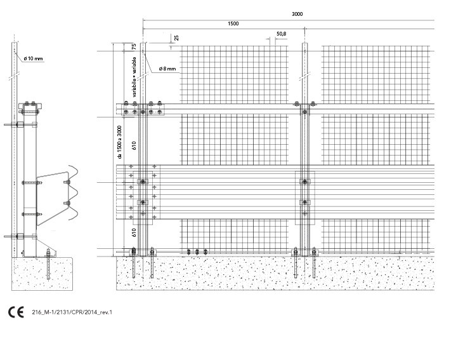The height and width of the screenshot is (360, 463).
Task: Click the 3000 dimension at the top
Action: click(x=297, y=14)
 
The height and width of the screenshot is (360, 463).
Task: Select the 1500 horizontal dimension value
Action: click(x=233, y=23)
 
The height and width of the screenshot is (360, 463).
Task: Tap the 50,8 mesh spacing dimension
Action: click(x=281, y=34)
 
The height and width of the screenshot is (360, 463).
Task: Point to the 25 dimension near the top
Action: click(x=176, y=38)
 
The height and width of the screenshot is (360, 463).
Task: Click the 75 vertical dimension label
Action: click(x=134, y=47)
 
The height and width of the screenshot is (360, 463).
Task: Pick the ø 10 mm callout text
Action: click(x=33, y=58)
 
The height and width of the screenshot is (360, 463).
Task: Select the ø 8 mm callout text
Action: click(x=167, y=69)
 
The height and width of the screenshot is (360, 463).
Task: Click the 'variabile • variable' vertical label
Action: click(x=134, y=77)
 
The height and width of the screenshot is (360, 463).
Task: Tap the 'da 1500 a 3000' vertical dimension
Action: click(x=119, y=142)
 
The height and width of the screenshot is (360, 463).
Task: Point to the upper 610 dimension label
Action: click(x=134, y=145)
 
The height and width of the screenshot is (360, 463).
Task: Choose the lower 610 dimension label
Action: click(x=134, y=232)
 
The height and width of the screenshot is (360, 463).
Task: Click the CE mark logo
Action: click(x=16, y=312)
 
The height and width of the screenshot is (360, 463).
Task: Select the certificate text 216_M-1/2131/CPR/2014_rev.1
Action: click(x=72, y=312)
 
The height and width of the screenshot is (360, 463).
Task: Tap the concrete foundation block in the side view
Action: click(x=42, y=274)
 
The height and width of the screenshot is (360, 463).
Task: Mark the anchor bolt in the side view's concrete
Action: click(x=48, y=264)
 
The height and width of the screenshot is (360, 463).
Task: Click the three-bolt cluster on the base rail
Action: click(x=197, y=252)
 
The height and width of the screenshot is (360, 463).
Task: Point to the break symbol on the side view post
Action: click(x=13, y=76)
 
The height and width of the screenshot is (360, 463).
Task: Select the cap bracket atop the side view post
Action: click(x=30, y=107)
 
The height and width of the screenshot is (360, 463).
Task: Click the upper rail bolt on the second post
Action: click(x=304, y=112)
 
